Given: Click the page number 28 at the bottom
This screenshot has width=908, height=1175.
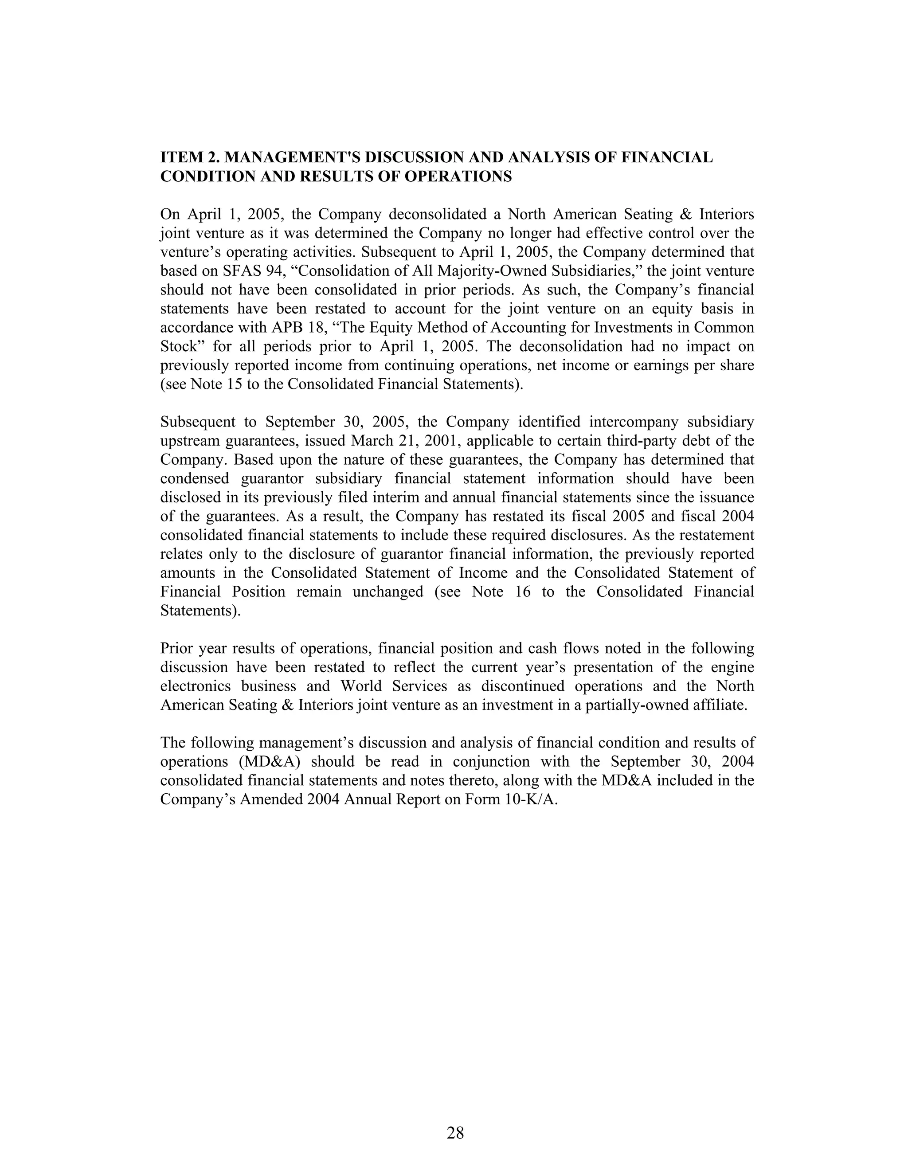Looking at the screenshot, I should (x=454, y=1132).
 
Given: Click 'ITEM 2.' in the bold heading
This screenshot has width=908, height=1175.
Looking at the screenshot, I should (x=189, y=158).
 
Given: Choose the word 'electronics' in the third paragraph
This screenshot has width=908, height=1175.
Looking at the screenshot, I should (x=195, y=686).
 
